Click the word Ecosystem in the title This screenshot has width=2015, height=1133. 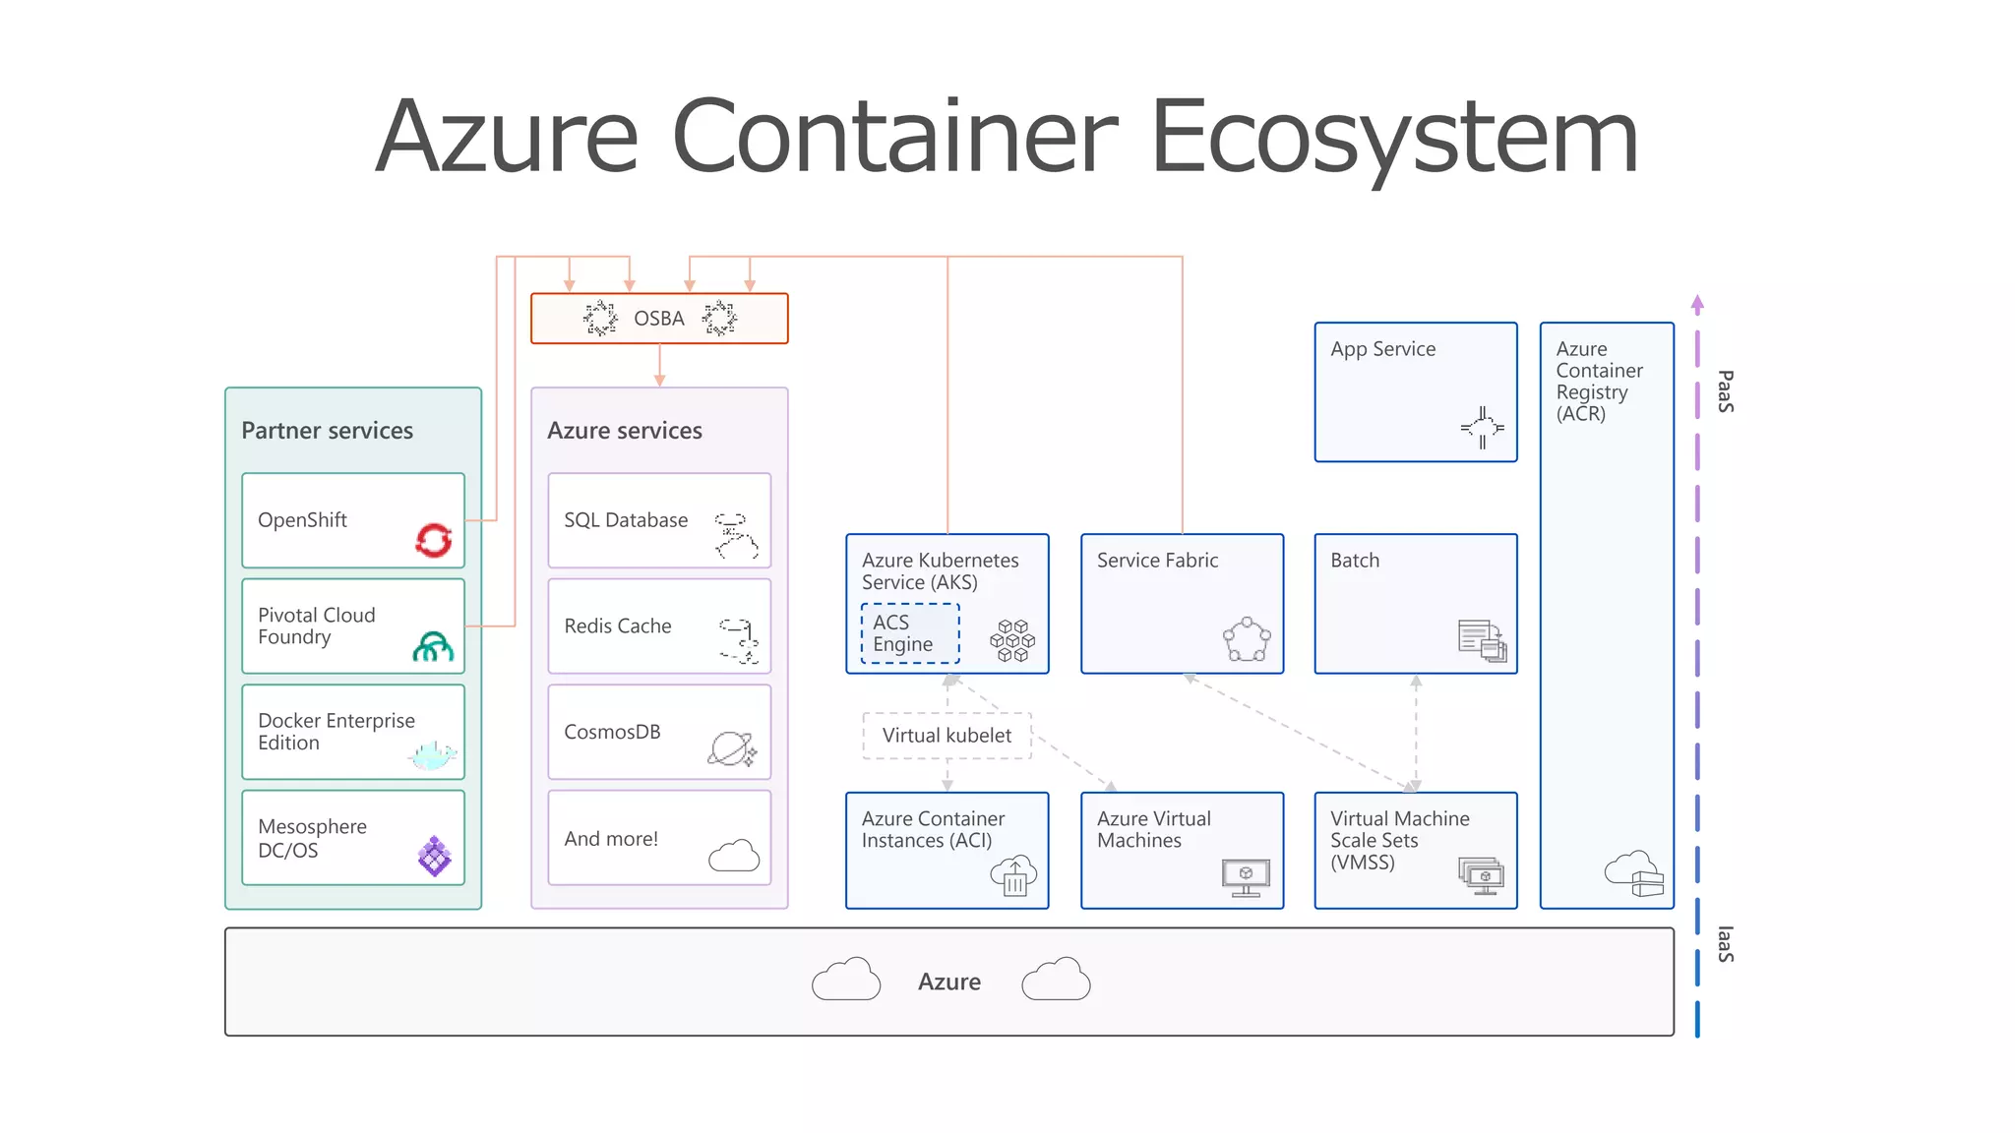click(1393, 138)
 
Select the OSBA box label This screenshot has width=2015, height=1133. click(658, 319)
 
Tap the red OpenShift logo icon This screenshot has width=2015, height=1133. click(434, 539)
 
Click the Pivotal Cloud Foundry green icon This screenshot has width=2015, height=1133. click(433, 646)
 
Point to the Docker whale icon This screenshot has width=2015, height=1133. click(433, 755)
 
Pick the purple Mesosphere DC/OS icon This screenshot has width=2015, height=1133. click(434, 856)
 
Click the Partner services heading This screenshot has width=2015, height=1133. click(327, 431)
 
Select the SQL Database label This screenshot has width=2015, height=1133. click(626, 520)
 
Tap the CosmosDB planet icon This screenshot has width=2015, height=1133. click(732, 749)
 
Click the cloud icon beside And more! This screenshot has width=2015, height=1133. click(734, 856)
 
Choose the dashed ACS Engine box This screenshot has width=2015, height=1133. click(910, 633)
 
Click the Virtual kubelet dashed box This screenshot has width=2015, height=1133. click(946, 736)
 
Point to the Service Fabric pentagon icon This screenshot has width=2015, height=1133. click(1247, 639)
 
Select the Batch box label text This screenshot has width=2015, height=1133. click(1355, 561)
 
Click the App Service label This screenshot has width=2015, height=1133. click(1382, 349)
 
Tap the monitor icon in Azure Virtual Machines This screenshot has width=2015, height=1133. click(1246, 876)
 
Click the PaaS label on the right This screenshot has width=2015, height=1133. click(1725, 391)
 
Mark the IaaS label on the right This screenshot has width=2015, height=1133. click(1725, 944)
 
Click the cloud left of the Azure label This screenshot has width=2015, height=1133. click(846, 980)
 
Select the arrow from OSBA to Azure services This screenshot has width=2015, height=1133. click(659, 365)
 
